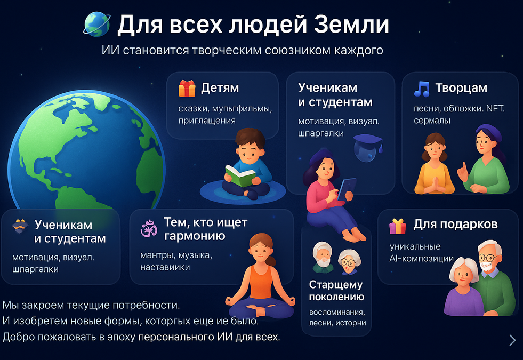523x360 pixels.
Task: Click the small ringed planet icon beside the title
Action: click(x=96, y=24)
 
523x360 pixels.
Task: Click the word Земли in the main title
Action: click(x=351, y=25)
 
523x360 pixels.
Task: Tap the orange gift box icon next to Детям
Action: click(x=187, y=89)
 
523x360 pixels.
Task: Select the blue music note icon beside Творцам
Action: click(x=422, y=89)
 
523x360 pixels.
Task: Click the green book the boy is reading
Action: click(x=240, y=175)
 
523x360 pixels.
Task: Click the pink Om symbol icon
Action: click(x=149, y=229)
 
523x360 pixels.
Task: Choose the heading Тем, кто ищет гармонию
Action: click(x=205, y=229)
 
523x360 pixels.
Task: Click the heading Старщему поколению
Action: click(x=336, y=291)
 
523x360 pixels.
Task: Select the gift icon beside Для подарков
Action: click(x=398, y=226)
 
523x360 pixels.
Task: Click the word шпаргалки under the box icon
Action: click(x=35, y=269)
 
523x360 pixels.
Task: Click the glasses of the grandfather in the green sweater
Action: click(x=487, y=258)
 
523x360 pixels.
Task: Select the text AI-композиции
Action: click(x=422, y=259)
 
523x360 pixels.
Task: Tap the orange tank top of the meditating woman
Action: click(x=261, y=282)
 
